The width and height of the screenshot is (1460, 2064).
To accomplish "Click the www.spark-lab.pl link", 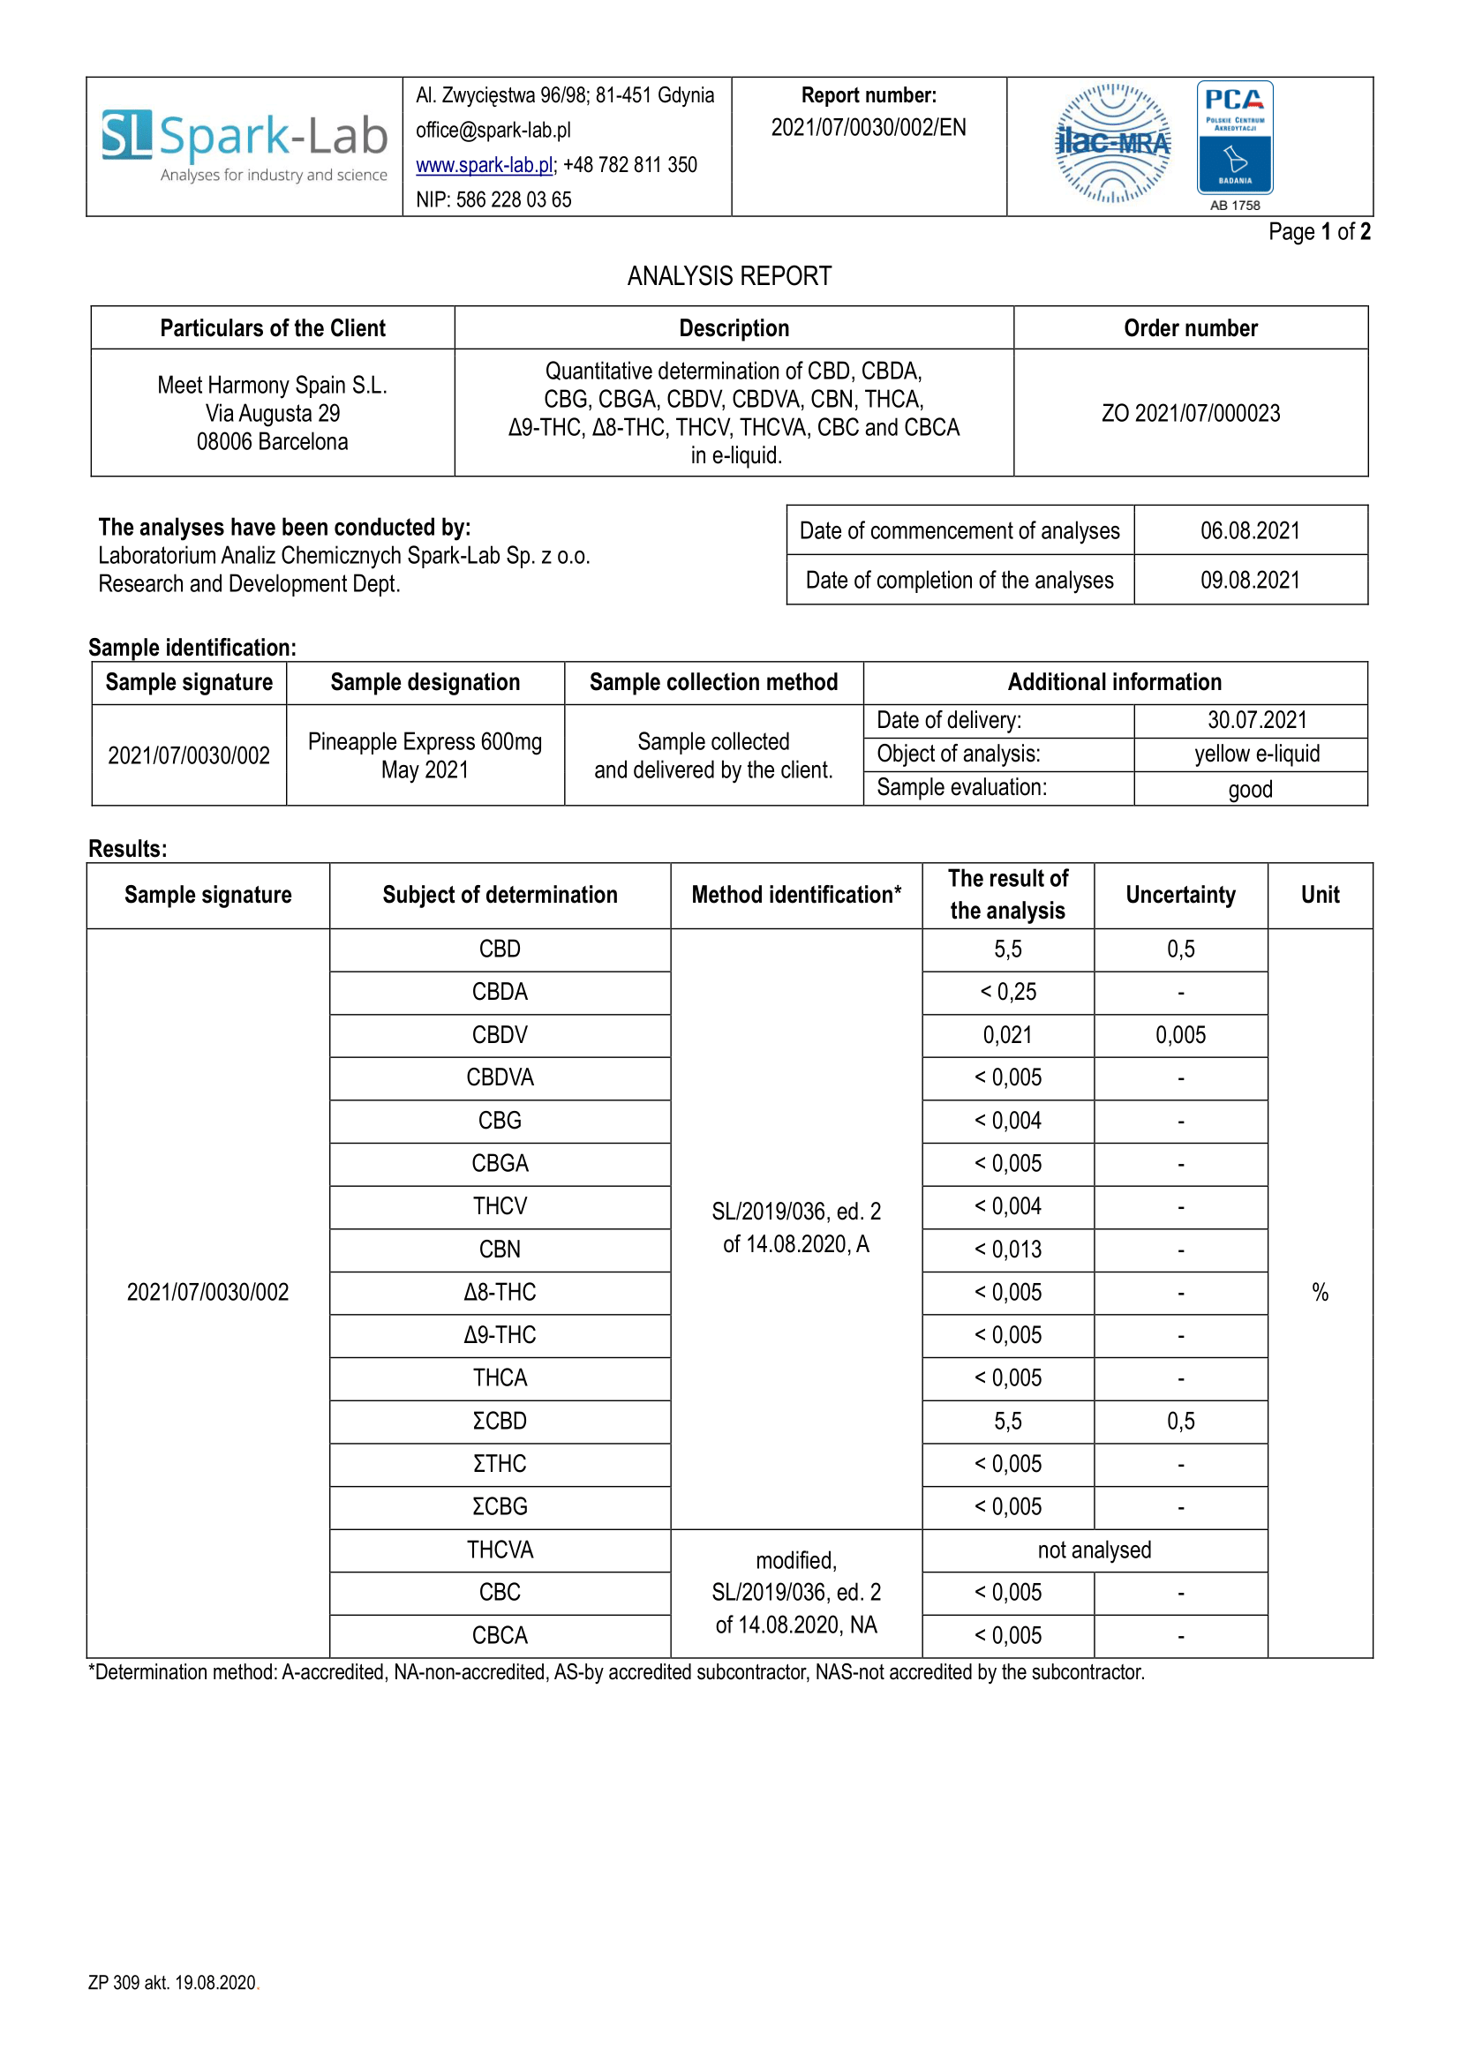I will (x=484, y=165).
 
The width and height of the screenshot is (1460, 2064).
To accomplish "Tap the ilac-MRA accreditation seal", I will (x=1113, y=144).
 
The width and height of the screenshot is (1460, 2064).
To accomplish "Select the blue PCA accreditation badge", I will (x=1234, y=138).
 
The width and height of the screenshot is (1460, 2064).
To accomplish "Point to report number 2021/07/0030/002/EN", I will (x=869, y=128).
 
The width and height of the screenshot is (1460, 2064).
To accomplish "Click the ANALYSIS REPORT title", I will (x=729, y=276).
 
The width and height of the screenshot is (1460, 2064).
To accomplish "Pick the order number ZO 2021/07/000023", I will (x=1190, y=414).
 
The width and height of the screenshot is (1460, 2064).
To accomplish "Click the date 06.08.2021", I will (x=1250, y=530).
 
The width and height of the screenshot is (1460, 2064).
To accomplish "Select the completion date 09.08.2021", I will (x=1250, y=580).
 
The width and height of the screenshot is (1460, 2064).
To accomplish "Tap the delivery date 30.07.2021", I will (x=1257, y=720).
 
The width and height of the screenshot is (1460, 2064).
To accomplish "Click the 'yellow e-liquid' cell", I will (x=1257, y=754).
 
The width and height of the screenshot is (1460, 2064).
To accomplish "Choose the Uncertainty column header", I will (x=1180, y=895).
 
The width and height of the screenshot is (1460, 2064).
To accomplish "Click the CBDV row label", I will (x=500, y=1035).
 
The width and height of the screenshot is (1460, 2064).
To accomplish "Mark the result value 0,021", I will (x=1007, y=1035).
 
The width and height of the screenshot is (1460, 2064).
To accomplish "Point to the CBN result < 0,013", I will (x=1008, y=1250).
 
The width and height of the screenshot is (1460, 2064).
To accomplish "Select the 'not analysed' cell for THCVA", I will (x=1094, y=1550).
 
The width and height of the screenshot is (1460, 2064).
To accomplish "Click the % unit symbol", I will (x=1320, y=1292).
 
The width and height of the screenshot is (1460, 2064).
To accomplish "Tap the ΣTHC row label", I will (x=500, y=1463).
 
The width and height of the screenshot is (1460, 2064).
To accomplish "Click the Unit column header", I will (x=1320, y=895).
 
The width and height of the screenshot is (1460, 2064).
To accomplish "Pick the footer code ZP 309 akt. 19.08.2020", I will (x=173, y=1982).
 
